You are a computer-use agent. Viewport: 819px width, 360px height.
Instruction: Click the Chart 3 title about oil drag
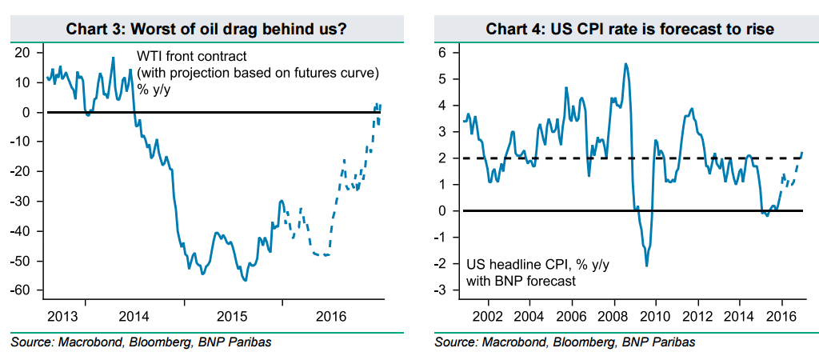click(x=205, y=30)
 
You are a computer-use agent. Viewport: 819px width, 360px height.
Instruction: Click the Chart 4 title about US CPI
click(x=618, y=30)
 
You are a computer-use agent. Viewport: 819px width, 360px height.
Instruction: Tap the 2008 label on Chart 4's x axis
click(x=613, y=314)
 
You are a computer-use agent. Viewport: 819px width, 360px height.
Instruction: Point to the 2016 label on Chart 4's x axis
click(x=780, y=314)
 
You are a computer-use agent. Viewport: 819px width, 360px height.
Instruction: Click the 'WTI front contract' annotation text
click(x=191, y=57)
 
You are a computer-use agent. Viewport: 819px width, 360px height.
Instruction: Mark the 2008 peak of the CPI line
click(x=625, y=64)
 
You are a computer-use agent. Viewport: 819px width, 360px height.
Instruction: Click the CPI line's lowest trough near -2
click(x=646, y=266)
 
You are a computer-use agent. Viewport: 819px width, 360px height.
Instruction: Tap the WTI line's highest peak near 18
click(x=113, y=58)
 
